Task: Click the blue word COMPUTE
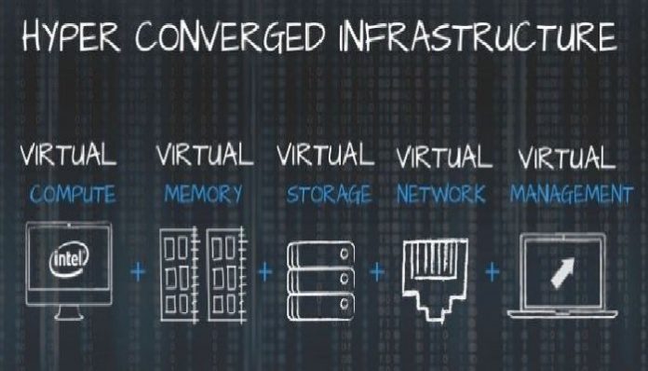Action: point(73,196)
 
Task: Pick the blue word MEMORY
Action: point(203,196)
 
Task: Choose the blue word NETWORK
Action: point(441,196)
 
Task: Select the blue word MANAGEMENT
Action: point(571,196)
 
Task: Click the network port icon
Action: point(435,271)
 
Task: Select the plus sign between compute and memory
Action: point(139,272)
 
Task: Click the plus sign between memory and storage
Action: point(266,272)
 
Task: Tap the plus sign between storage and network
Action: point(377,272)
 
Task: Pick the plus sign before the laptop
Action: point(493,272)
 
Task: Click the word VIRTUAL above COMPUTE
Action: point(69,155)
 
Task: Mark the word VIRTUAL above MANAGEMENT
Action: point(567,155)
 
